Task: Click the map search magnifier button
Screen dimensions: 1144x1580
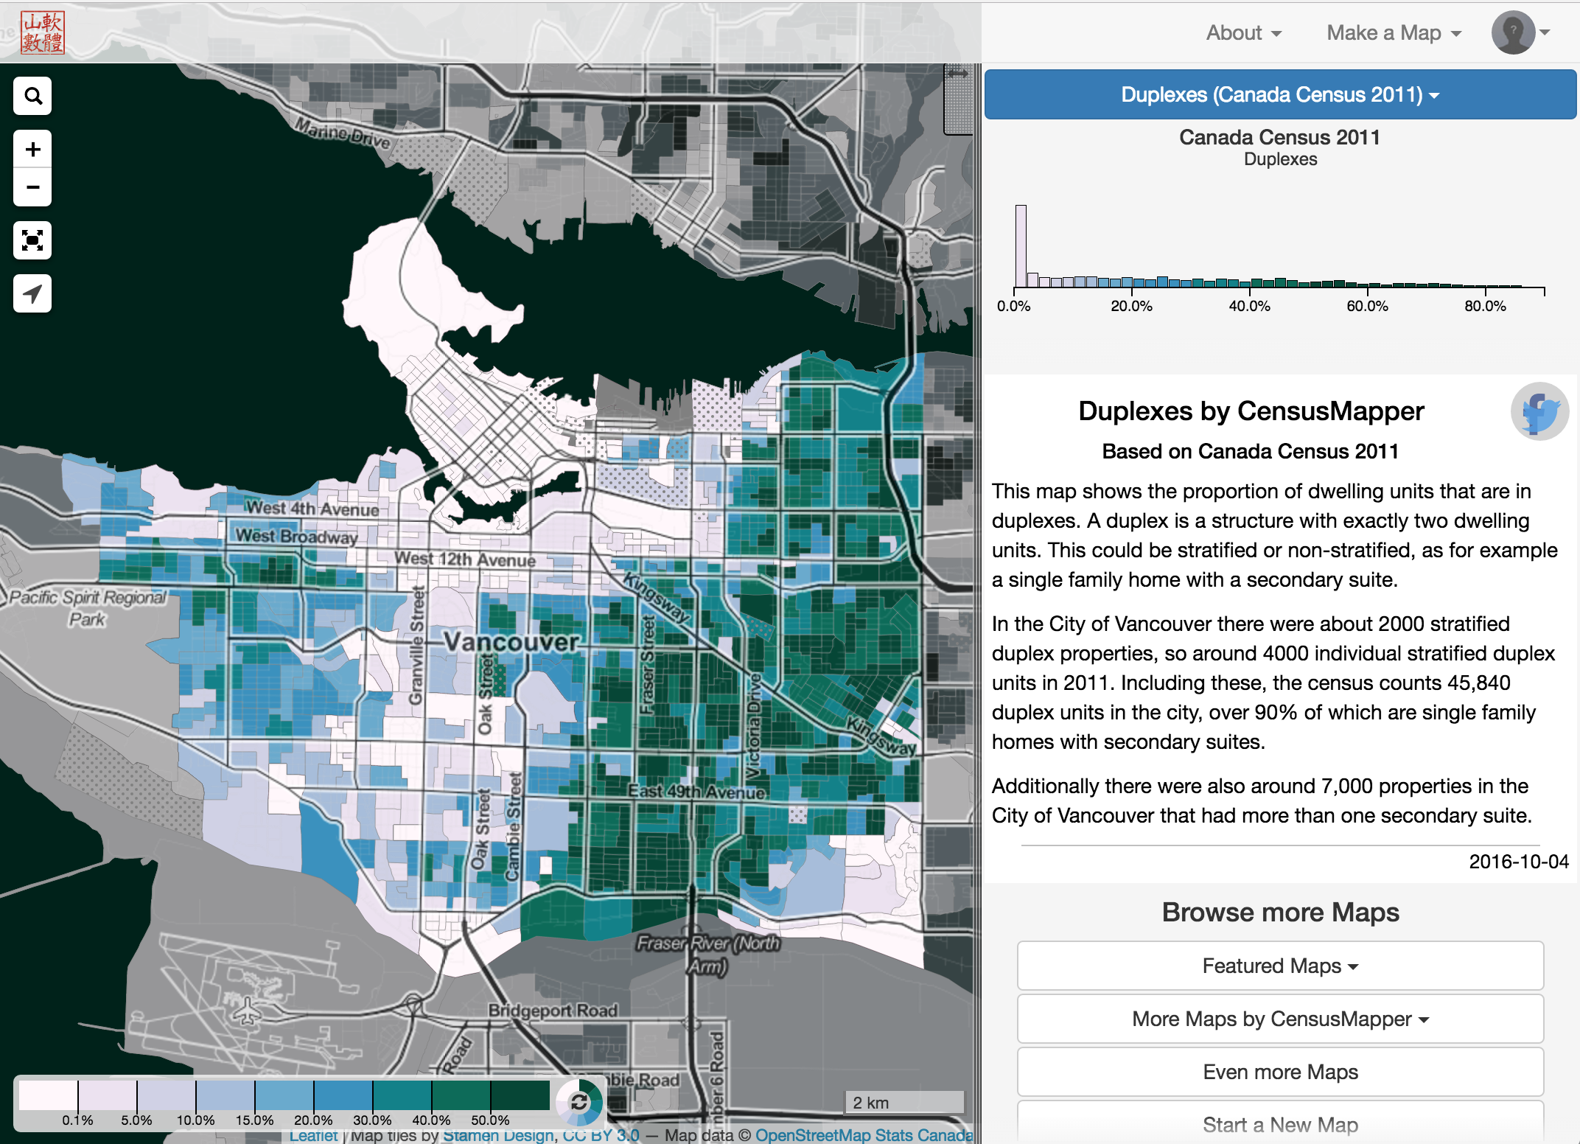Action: (x=32, y=96)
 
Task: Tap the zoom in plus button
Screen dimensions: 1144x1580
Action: (x=32, y=150)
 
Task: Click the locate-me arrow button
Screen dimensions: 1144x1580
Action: (x=32, y=293)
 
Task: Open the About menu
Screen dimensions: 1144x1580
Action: (x=1243, y=33)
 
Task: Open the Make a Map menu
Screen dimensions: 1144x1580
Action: (x=1394, y=33)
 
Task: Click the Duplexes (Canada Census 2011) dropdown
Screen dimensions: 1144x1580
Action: (x=1280, y=95)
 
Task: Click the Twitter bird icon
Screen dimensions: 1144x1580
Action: (x=1539, y=411)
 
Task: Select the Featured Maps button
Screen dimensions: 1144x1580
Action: (x=1280, y=966)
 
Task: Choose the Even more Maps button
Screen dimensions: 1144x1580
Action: (x=1280, y=1072)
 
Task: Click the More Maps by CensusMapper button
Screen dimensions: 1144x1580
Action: (x=1280, y=1019)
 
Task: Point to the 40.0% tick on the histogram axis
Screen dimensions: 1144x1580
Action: (x=1250, y=305)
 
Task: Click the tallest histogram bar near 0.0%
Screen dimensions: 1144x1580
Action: (x=1021, y=246)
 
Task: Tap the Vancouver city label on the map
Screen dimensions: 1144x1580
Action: (x=511, y=642)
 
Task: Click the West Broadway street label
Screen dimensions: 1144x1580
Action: (x=296, y=537)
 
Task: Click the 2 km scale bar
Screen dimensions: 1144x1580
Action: (x=903, y=1102)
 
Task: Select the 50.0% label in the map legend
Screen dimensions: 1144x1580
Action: (x=490, y=1120)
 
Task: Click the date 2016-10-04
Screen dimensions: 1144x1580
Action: (x=1518, y=862)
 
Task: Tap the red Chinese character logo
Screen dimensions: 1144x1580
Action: (x=43, y=33)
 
